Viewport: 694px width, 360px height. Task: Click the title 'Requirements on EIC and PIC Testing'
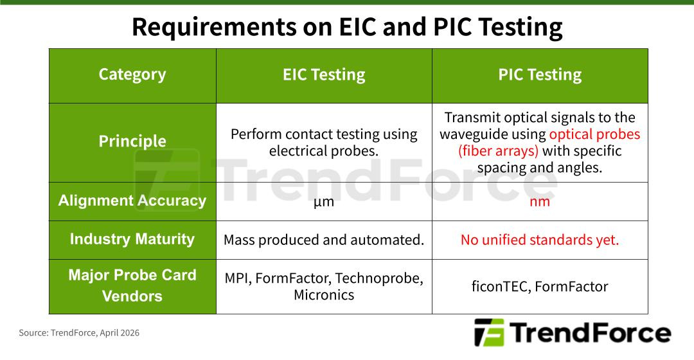pos(347,27)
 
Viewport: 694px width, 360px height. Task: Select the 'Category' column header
pos(132,75)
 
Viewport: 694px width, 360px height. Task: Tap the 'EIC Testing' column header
pos(324,75)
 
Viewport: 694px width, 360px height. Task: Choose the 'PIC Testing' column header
pos(540,75)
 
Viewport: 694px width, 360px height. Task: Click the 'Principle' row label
pos(132,141)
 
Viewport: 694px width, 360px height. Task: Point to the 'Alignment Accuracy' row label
pos(132,201)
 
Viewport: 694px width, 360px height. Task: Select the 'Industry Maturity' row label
pos(132,239)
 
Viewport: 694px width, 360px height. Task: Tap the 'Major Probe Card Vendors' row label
pos(132,285)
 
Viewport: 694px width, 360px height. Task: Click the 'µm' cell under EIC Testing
pos(324,202)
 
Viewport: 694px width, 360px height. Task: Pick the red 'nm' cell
pos(540,202)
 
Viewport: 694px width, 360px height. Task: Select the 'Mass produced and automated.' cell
pos(324,240)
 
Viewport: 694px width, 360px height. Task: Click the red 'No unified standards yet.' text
pos(540,240)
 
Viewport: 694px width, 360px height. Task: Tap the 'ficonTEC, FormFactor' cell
pos(540,286)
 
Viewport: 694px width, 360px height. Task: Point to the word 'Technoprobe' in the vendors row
pos(378,278)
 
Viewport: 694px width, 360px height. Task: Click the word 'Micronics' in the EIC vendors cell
pos(324,295)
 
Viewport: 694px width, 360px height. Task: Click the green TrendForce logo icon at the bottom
pos(489,332)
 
